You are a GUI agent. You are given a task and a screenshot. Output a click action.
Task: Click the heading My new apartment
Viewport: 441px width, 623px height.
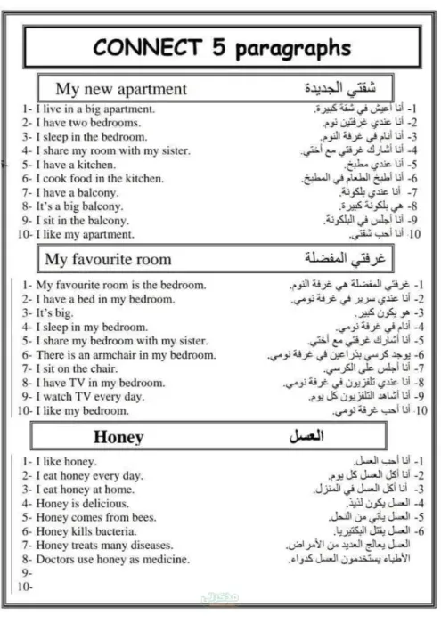click(x=121, y=89)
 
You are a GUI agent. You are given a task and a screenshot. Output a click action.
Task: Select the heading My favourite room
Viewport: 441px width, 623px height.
click(x=109, y=260)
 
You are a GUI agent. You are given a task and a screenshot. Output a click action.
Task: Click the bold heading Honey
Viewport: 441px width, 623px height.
click(x=118, y=437)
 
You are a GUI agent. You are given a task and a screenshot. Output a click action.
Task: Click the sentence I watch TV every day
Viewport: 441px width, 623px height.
click(x=89, y=397)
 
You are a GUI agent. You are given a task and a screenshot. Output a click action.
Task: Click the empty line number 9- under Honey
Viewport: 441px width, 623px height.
click(x=24, y=574)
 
